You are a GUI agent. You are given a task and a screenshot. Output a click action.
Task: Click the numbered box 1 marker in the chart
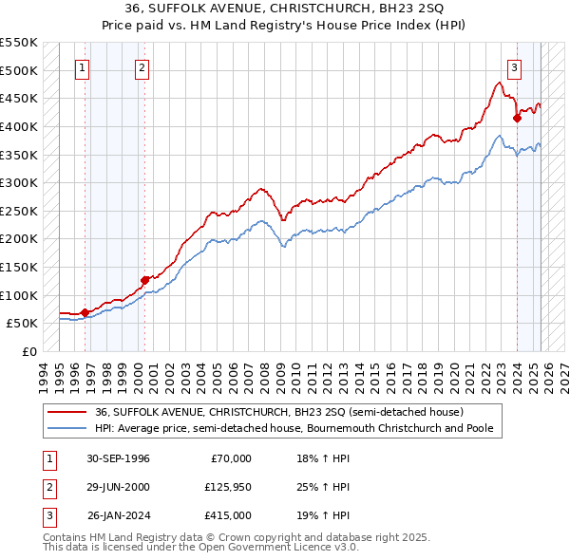click(84, 67)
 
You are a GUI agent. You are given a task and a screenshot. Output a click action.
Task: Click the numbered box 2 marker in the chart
click(142, 67)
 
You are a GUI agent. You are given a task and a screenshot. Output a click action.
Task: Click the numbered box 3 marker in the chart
click(514, 67)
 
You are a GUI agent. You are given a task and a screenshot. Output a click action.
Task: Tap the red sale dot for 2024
click(517, 118)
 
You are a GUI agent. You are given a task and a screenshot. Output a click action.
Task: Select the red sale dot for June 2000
click(144, 280)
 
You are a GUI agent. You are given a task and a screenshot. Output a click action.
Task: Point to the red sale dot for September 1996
click(85, 311)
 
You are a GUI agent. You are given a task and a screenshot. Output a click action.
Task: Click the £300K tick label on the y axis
click(18, 182)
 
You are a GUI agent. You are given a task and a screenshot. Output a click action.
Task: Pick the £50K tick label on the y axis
click(22, 324)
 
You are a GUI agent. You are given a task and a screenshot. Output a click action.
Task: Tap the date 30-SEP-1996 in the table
click(118, 458)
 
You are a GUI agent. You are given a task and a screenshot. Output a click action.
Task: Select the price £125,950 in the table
click(226, 487)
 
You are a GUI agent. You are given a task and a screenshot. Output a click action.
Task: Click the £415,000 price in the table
click(226, 515)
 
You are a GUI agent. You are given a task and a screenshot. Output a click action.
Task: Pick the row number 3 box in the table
click(47, 515)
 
